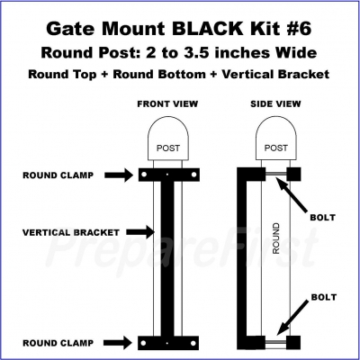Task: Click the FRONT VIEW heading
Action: [x=167, y=104]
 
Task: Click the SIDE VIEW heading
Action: [x=275, y=104]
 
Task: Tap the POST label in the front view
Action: [x=168, y=148]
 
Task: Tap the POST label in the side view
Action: [x=276, y=148]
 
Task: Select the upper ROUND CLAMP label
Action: [x=58, y=175]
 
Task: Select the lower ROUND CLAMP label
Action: [x=58, y=343]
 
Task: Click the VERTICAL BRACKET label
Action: [x=71, y=232]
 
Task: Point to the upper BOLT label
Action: [x=322, y=218]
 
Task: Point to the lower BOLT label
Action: [x=324, y=297]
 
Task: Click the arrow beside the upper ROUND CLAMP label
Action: [x=119, y=175]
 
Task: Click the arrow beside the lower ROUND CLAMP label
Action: [x=119, y=343]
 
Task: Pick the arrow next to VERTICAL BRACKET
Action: [x=140, y=232]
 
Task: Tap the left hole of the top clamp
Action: [x=144, y=175]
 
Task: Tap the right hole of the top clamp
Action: [x=193, y=175]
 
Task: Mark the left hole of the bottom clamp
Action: [x=143, y=343]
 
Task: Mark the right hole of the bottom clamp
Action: [x=193, y=343]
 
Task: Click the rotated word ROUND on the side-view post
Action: [x=275, y=238]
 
